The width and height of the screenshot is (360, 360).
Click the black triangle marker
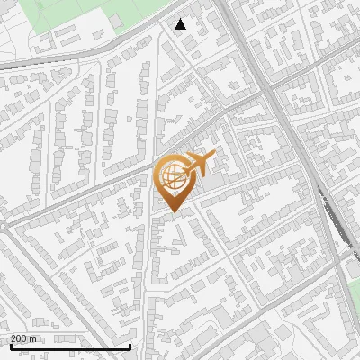click(x=181, y=24)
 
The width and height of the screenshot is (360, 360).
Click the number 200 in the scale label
click(x=20, y=338)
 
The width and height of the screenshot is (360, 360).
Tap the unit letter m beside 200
click(x=34, y=338)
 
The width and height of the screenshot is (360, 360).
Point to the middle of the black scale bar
click(x=70, y=346)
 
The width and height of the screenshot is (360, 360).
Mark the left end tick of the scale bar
click(x=10, y=346)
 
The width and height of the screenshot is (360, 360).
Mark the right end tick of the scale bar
click(x=130, y=346)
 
